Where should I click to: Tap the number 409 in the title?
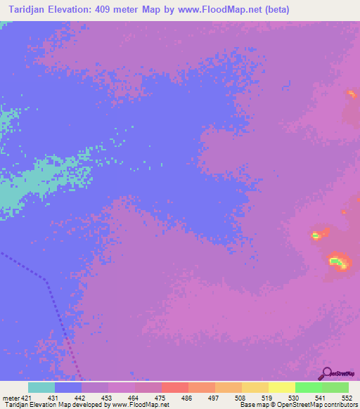point(117,10)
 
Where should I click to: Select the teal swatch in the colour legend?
point(41,387)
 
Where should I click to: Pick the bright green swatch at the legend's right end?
point(335,387)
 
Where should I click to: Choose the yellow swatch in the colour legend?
point(281,387)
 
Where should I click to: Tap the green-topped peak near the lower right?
point(337,263)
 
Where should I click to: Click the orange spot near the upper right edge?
point(351,93)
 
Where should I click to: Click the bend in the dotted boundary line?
point(46,281)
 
